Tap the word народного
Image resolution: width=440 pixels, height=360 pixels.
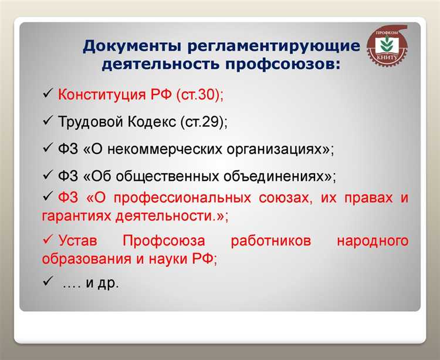click(x=373, y=241)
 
